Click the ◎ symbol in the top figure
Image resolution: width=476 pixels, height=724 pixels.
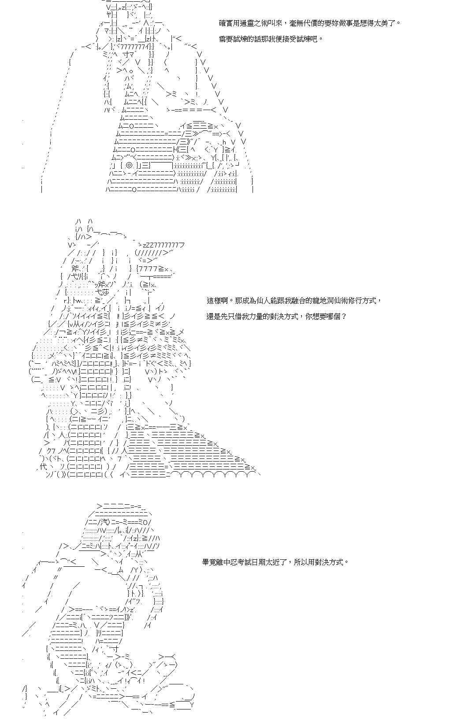[129, 165]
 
